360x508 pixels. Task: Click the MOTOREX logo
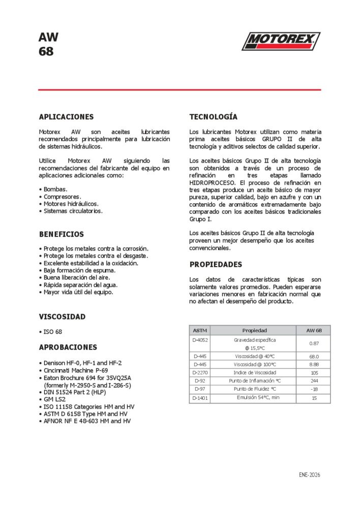coord(281,41)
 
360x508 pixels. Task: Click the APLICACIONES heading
coord(66,117)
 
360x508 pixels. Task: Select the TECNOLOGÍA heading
coord(213,117)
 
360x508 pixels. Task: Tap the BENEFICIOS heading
coord(62,234)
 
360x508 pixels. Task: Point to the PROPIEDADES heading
coord(216,265)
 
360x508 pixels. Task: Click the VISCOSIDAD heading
coord(62,316)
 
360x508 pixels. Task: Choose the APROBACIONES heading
coord(68,347)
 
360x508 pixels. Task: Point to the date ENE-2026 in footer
coord(310,475)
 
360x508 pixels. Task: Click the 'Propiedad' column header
coord(254,330)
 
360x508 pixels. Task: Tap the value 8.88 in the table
coord(314,364)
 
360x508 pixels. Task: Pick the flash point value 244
coord(314,380)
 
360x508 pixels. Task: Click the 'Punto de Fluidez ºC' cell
coord(254,389)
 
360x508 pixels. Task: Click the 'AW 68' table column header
coord(314,330)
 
